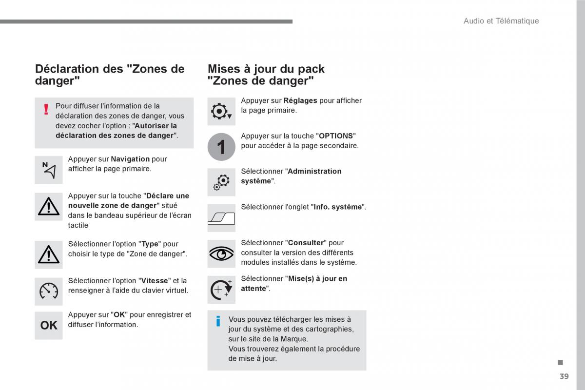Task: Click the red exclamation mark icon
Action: coord(46,109)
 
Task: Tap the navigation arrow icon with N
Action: coord(49,170)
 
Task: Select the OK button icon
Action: coord(49,325)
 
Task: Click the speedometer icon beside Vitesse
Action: coord(49,291)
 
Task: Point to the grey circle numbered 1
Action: coord(221,147)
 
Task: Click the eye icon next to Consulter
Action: coord(221,253)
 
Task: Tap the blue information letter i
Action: coord(218,321)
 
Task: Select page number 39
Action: coord(565,376)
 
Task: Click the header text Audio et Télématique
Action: coord(501,21)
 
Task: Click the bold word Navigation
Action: coord(130,159)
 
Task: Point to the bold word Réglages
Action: coord(300,101)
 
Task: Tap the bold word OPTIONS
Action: coord(336,136)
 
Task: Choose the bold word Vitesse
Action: coord(155,281)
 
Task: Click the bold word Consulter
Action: coord(306,243)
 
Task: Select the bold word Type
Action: coord(150,244)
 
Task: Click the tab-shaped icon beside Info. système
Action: coord(221,217)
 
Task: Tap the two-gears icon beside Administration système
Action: coord(221,182)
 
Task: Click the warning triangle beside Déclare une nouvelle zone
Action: coord(49,207)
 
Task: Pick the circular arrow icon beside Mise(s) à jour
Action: coord(221,289)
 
